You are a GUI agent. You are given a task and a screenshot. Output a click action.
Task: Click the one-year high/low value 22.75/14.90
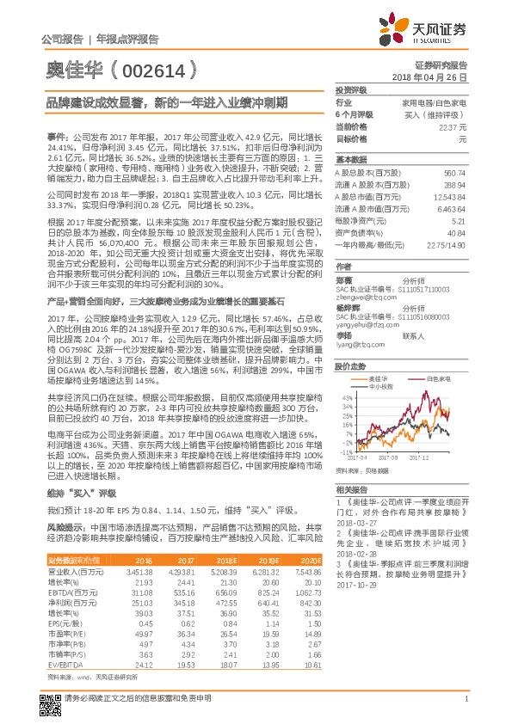447,245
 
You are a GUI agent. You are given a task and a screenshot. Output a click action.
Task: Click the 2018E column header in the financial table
223,560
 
